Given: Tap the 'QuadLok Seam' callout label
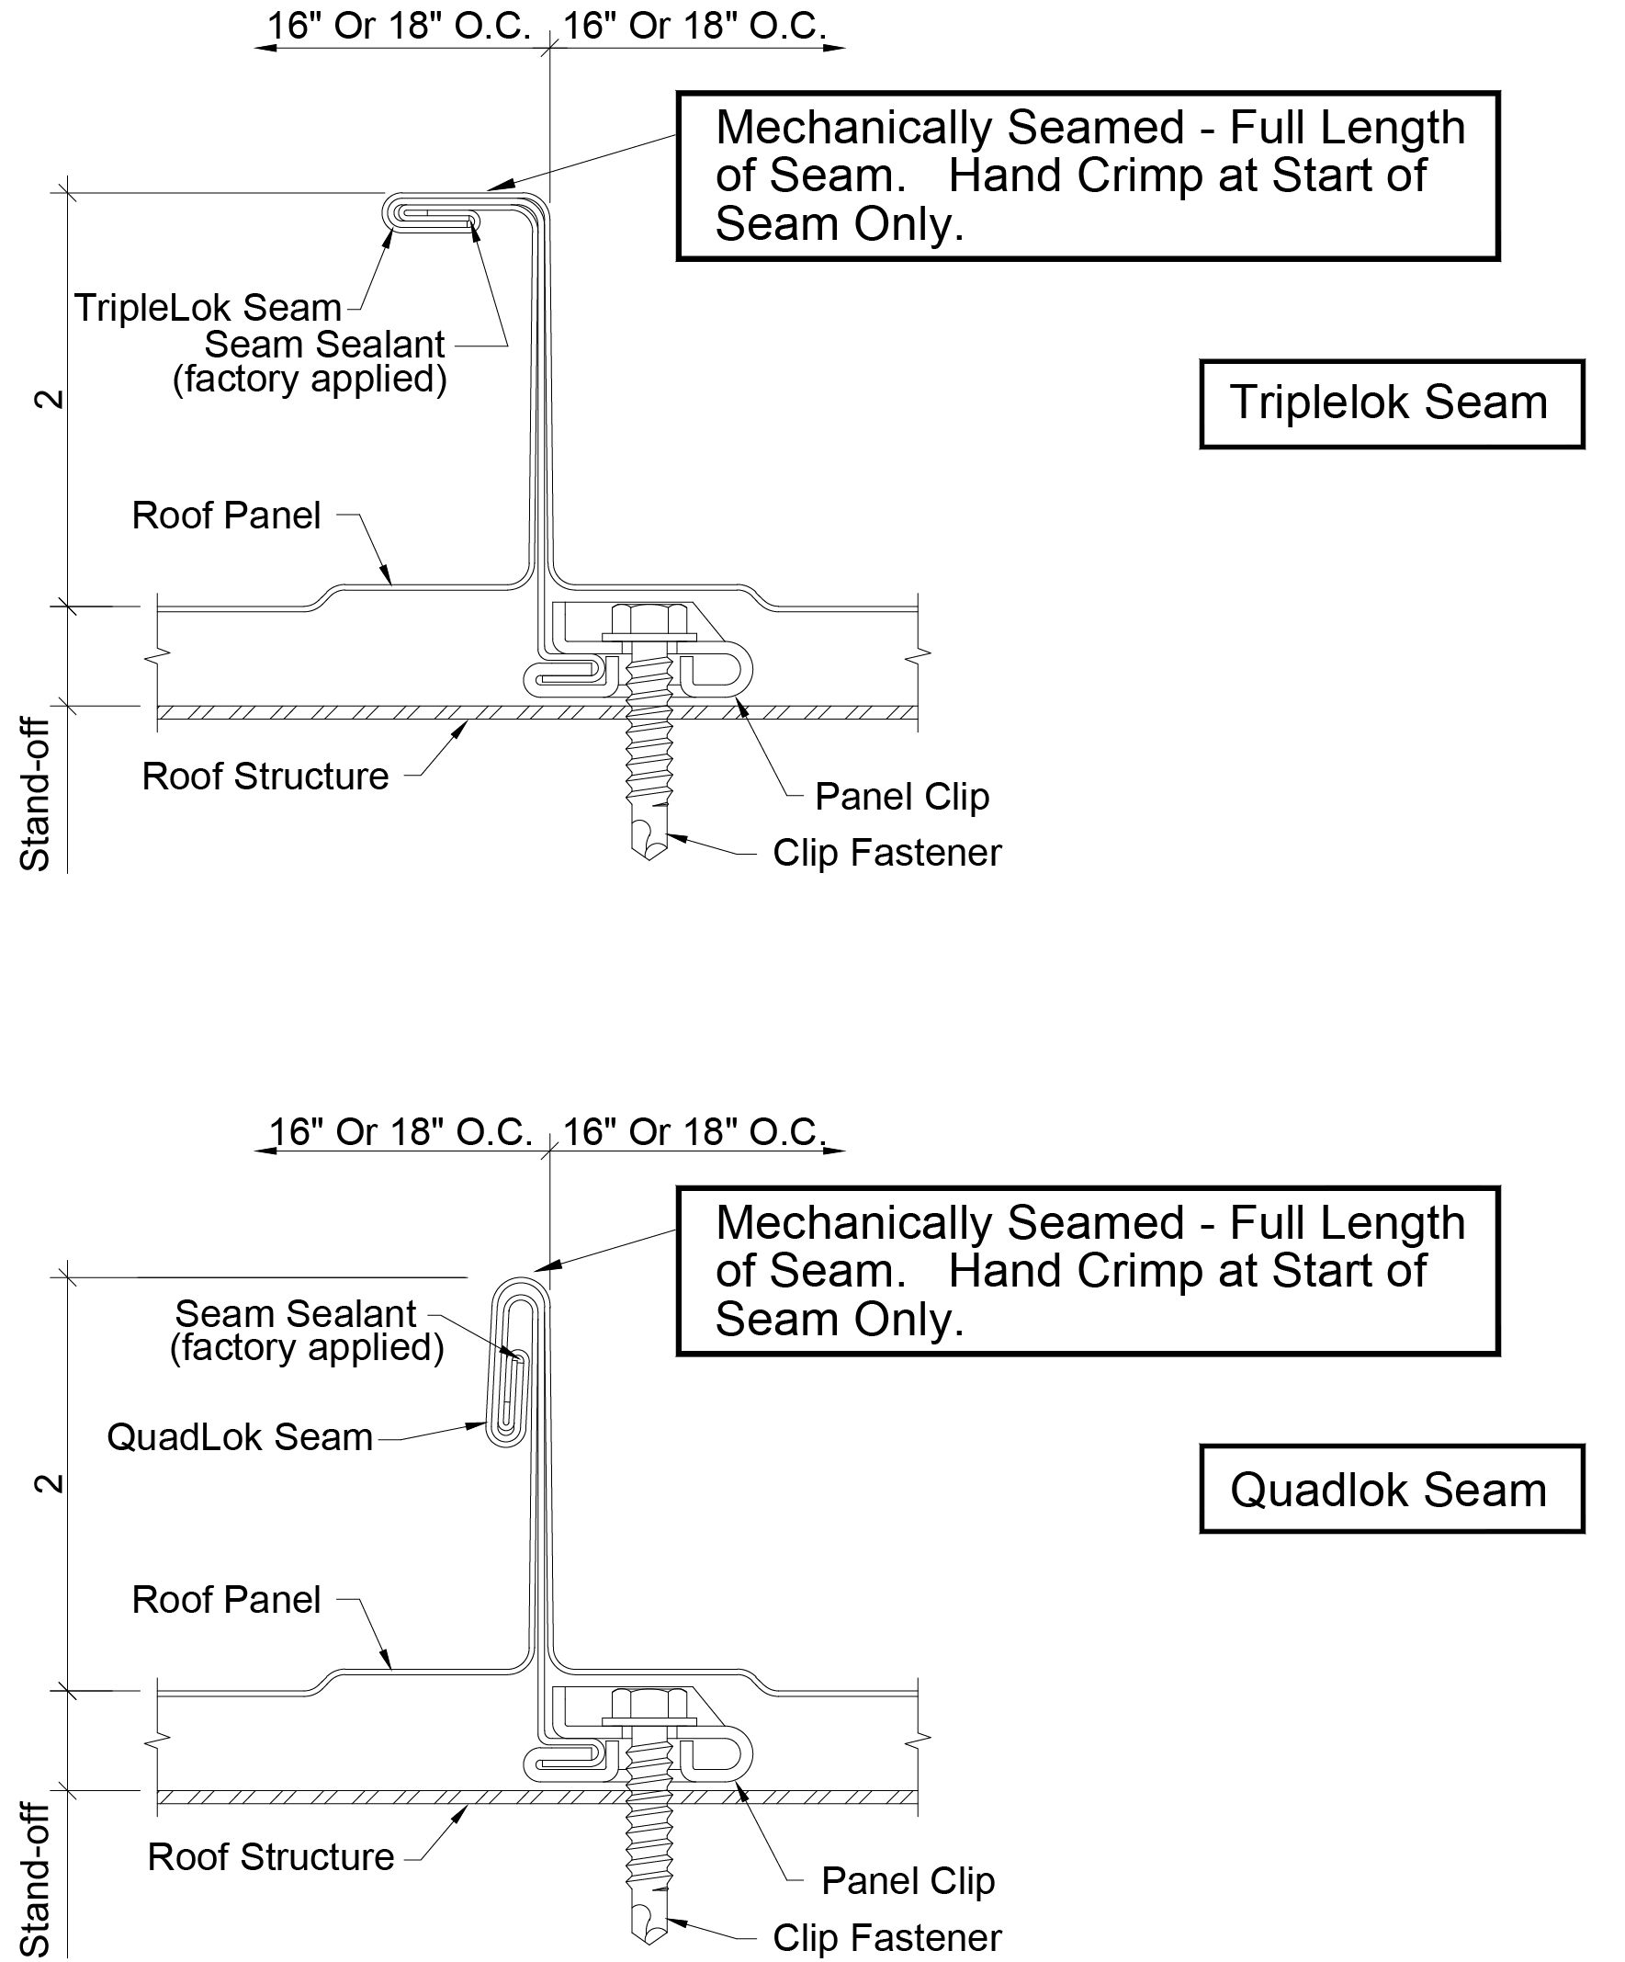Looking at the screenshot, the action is (240, 1437).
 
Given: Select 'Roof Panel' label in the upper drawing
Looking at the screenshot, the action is (226, 516).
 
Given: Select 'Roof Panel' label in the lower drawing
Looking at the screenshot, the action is (226, 1600).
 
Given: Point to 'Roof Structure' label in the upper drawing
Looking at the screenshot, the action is (265, 777).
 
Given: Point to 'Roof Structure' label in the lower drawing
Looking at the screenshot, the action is (271, 1857).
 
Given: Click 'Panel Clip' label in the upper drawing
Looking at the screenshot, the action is (902, 797).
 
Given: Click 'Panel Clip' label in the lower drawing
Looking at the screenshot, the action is (908, 1881).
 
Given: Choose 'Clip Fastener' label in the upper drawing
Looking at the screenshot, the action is (887, 853).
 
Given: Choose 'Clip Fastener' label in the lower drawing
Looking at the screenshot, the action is (887, 1938).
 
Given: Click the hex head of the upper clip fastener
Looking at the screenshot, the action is (649, 619).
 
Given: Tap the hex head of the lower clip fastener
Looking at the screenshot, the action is (649, 1704).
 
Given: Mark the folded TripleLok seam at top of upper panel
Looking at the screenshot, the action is (434, 211).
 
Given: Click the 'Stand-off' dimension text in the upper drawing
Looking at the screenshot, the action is (36, 795).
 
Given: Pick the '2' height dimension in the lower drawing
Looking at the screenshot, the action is (50, 1483).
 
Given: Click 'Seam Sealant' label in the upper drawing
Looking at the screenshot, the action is (324, 345).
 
